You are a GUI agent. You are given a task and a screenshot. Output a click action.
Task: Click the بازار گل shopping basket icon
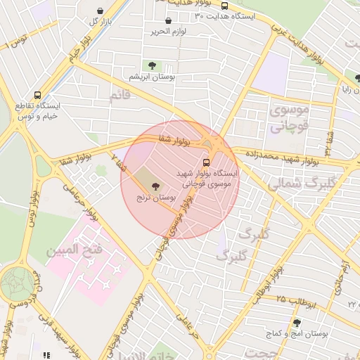pos(104,10)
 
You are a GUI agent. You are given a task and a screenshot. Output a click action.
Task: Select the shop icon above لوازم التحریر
pos(168,21)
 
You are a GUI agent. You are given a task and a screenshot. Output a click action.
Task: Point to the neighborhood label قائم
pos(120,94)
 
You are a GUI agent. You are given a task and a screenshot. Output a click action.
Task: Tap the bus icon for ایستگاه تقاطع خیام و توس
pos(37,95)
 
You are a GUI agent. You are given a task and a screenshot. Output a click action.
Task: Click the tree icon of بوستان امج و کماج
pos(316,323)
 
